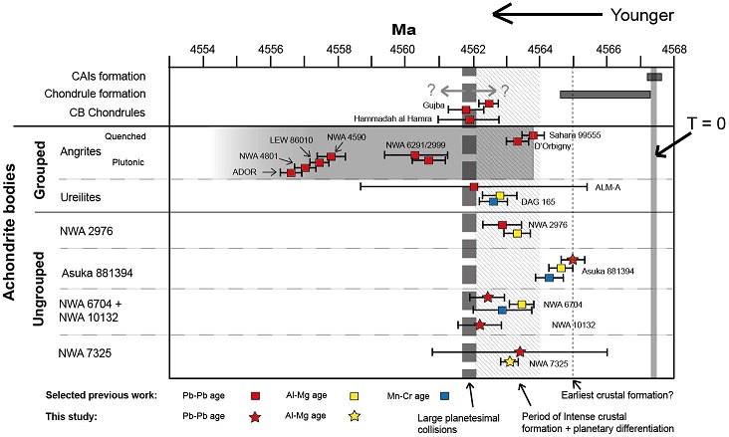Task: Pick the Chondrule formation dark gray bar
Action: [x=605, y=94]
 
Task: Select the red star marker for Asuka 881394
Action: [x=573, y=259]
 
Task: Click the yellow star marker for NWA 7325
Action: [x=511, y=361]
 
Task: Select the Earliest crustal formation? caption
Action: [x=617, y=396]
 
